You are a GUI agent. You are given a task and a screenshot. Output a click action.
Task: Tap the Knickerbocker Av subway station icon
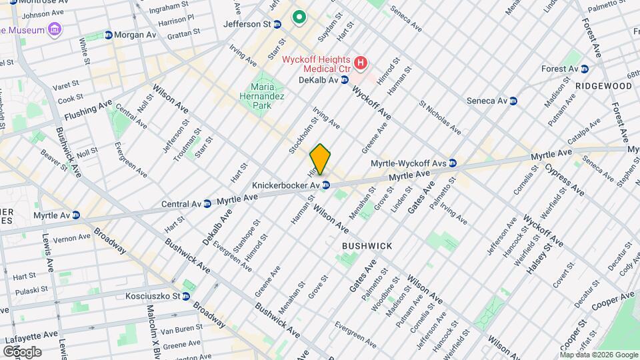point(325,185)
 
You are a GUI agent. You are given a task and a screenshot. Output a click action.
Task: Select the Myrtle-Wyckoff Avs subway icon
point(453,163)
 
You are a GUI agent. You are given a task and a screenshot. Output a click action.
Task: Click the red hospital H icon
point(361,63)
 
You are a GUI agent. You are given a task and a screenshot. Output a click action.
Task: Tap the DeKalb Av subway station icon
point(345,80)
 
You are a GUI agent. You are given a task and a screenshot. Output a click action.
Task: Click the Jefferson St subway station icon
point(277,24)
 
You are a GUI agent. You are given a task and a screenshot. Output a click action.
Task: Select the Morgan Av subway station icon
point(108,35)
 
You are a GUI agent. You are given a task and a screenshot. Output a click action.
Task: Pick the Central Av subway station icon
point(208,203)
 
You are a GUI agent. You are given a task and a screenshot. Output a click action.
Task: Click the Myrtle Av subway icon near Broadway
point(76,215)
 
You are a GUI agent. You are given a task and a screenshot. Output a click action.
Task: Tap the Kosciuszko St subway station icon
point(186,296)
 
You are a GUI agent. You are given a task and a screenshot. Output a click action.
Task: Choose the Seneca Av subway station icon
point(513,101)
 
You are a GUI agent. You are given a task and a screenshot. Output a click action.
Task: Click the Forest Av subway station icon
point(585,69)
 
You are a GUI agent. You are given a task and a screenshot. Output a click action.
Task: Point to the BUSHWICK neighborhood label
point(367,246)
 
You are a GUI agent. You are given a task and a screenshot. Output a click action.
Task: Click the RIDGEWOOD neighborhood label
point(604,86)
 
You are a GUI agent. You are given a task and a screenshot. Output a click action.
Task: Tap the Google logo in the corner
point(22,351)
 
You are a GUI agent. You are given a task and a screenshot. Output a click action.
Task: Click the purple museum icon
point(55,30)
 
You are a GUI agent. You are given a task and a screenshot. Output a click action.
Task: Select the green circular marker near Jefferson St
point(299,17)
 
